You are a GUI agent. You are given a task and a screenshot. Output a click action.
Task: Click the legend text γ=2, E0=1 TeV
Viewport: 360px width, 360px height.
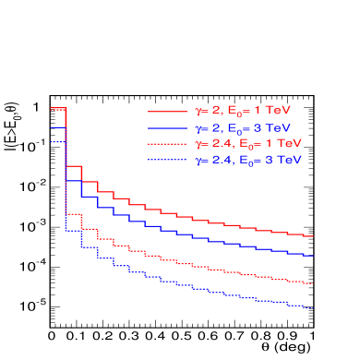point(244,111)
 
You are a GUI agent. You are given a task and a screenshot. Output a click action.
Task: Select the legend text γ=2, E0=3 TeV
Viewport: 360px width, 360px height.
point(244,127)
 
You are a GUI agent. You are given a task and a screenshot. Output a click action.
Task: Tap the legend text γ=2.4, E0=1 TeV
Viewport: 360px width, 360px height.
point(248,144)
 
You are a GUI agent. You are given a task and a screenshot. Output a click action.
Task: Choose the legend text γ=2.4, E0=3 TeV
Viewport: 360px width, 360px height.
point(248,161)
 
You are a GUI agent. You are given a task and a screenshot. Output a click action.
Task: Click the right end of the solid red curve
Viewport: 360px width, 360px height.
point(313,236)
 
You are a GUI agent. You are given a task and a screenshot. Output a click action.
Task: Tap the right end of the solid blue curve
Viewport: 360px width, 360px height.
point(313,255)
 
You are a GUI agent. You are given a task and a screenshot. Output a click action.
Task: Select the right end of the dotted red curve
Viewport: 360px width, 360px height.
point(313,283)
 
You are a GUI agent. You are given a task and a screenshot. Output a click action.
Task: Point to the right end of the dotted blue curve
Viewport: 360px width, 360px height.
point(313,307)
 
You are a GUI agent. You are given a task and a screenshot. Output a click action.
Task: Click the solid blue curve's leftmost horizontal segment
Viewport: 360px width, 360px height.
point(57,126)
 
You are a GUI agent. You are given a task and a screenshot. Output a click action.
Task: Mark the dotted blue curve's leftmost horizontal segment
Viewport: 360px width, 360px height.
point(57,143)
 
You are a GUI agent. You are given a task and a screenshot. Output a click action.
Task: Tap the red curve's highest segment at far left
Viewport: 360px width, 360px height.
point(57,109)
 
